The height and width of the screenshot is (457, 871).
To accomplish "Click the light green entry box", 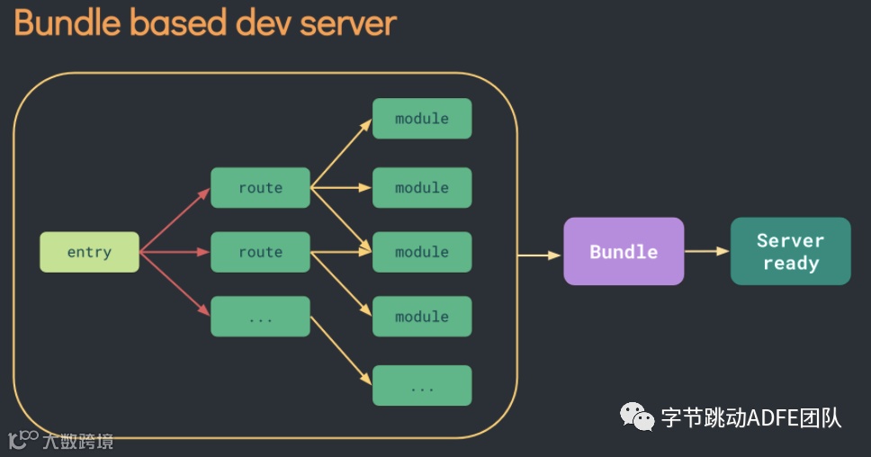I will pyautogui.click(x=89, y=252).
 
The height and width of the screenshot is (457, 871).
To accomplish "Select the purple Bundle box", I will pyautogui.click(x=624, y=252).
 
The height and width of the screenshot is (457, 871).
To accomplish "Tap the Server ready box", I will pyautogui.click(x=790, y=252).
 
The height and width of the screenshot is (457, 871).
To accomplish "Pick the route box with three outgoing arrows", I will pyautogui.click(x=260, y=188).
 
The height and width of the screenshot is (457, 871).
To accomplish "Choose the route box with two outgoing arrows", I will pyautogui.click(x=260, y=252).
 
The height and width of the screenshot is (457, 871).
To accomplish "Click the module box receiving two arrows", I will pyautogui.click(x=422, y=252).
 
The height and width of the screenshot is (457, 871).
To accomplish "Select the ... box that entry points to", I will pyautogui.click(x=260, y=317).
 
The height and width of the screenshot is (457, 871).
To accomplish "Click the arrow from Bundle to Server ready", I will pyautogui.click(x=706, y=252).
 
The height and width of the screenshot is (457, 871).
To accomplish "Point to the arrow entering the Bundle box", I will pyautogui.click(x=540, y=255).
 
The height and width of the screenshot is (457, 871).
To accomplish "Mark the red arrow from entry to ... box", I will pyautogui.click(x=175, y=285).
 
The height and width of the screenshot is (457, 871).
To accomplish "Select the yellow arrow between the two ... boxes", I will pyautogui.click(x=341, y=351).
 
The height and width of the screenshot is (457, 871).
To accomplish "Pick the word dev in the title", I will pyautogui.click(x=265, y=22).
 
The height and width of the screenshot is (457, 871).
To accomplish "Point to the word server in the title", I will pyautogui.click(x=349, y=22).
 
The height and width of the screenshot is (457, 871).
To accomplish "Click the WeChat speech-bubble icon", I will pyautogui.click(x=636, y=417).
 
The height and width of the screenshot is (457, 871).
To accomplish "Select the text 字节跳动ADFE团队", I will pyautogui.click(x=750, y=417).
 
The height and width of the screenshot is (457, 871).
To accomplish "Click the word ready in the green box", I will pyautogui.click(x=791, y=264).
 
